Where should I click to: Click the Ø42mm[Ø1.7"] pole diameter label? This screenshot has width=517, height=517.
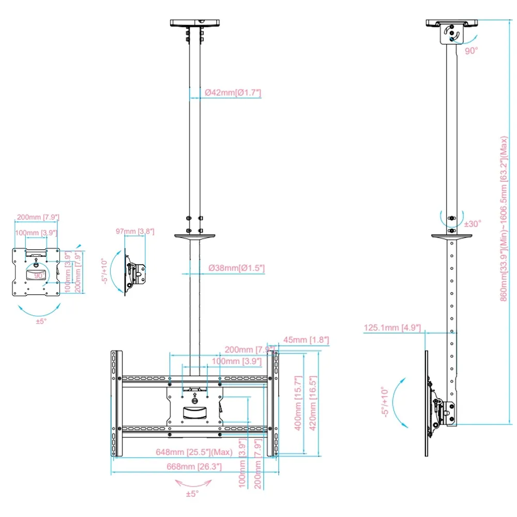point(233,93)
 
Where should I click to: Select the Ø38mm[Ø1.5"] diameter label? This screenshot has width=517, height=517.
point(236,268)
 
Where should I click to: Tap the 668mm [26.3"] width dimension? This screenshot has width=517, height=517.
point(190,467)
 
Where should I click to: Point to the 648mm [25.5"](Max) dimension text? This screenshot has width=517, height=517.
point(194,452)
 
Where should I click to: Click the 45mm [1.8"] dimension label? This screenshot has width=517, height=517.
point(306,340)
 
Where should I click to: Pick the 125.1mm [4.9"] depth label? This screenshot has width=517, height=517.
point(392,328)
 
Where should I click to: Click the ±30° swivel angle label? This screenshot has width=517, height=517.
point(473,223)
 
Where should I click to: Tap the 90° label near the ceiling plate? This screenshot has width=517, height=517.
point(471,50)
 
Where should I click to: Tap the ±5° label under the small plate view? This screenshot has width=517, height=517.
point(41,321)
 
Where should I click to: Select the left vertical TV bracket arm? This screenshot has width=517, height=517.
point(116,404)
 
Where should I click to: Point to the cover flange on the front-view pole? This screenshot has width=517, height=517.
point(194,237)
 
